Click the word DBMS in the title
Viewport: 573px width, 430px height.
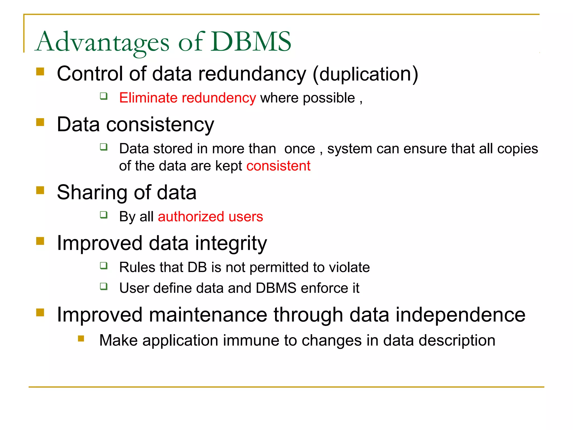[x=251, y=42]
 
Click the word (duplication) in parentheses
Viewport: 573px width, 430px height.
[x=365, y=74]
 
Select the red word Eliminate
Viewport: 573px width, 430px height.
[x=148, y=98]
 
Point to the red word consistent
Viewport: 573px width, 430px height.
[x=278, y=166]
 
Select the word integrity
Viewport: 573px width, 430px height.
[x=231, y=244]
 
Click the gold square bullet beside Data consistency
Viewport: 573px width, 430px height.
[x=40, y=122]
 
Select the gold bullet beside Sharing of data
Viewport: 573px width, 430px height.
[x=40, y=190]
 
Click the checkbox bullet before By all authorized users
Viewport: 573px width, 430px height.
[x=104, y=215]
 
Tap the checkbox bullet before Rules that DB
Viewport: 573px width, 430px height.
[x=104, y=266]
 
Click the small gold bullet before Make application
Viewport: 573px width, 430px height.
[x=81, y=339]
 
